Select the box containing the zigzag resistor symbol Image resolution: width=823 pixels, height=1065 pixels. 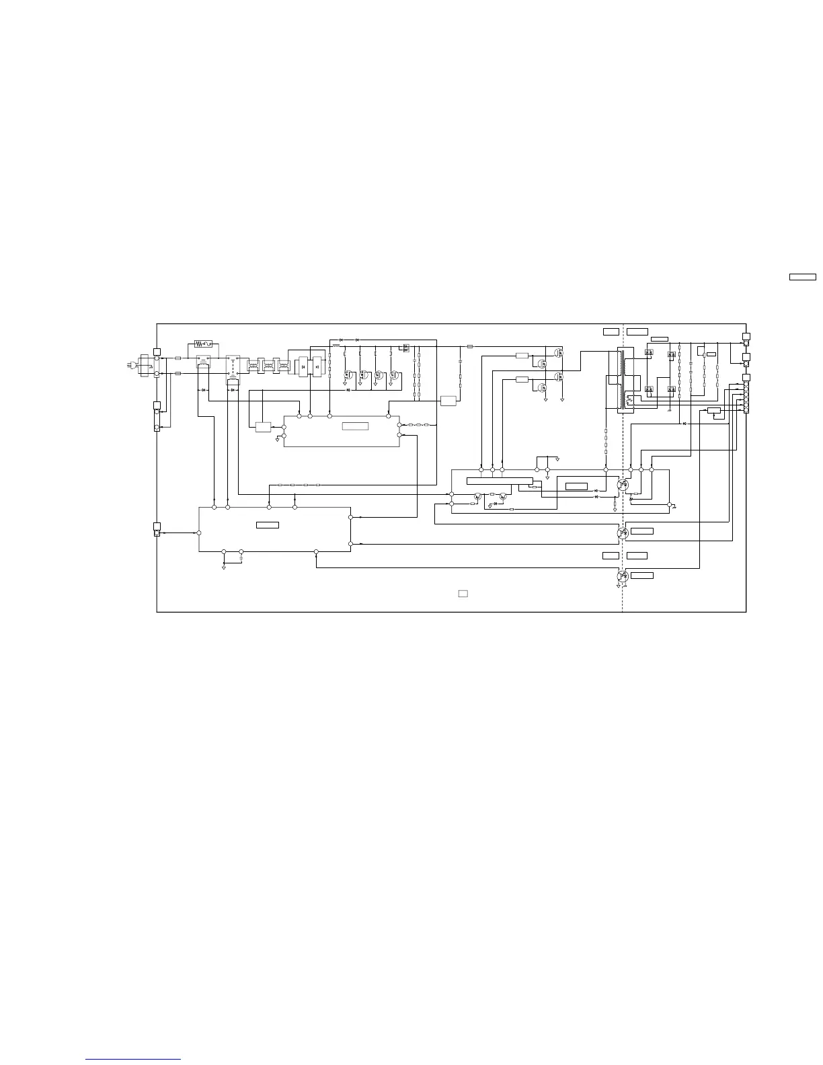point(203,344)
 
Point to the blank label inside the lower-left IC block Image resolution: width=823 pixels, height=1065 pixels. point(268,524)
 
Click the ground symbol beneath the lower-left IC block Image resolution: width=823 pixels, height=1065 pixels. point(223,567)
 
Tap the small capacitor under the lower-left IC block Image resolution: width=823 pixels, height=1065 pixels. point(241,557)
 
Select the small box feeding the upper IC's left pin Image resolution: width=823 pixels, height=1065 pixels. point(263,426)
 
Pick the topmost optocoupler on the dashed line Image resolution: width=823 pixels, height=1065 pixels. point(623,483)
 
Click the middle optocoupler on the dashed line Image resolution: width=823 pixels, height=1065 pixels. point(623,532)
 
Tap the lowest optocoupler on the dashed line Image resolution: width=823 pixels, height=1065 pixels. point(623,576)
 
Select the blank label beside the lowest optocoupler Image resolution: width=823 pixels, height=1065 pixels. point(642,576)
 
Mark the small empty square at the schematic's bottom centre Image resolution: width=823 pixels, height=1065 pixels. point(463,594)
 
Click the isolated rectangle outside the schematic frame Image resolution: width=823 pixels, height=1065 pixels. point(802,276)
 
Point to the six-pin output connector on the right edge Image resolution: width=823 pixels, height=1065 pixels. point(746,397)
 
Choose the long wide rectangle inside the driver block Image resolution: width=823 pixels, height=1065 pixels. point(499,479)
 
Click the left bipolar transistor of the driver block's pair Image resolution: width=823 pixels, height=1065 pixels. point(477,497)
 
